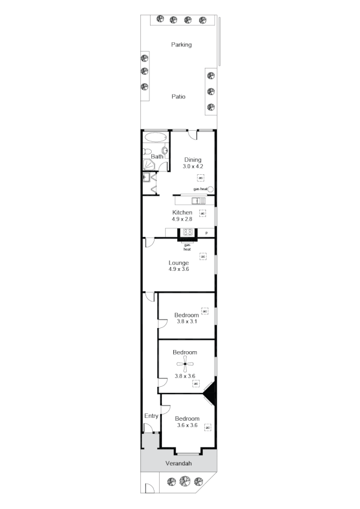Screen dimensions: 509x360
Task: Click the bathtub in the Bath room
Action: tap(155, 137)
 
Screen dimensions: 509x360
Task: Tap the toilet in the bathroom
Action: tap(165, 151)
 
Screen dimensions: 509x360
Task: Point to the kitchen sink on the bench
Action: tap(199, 200)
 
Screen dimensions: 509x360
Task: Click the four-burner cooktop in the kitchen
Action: tap(187, 232)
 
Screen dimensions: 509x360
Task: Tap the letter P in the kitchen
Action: tap(207, 233)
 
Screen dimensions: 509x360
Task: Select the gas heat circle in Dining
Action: tap(211, 189)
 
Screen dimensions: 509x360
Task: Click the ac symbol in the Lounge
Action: tap(203, 257)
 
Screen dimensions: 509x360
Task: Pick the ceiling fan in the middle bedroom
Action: tap(185, 364)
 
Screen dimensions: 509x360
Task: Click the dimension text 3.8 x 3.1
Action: tap(186, 322)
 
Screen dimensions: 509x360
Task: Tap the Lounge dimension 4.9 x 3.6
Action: tap(178, 270)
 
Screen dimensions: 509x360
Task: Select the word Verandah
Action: tap(178, 463)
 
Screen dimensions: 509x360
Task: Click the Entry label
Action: tap(151, 416)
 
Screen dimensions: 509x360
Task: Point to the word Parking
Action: tap(182, 45)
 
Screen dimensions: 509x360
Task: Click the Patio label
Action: tap(178, 97)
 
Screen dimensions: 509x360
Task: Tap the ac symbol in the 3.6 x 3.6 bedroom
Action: tap(207, 427)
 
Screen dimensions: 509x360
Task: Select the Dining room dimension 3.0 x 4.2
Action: tap(192, 167)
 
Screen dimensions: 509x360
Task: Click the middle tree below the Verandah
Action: tap(185, 482)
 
